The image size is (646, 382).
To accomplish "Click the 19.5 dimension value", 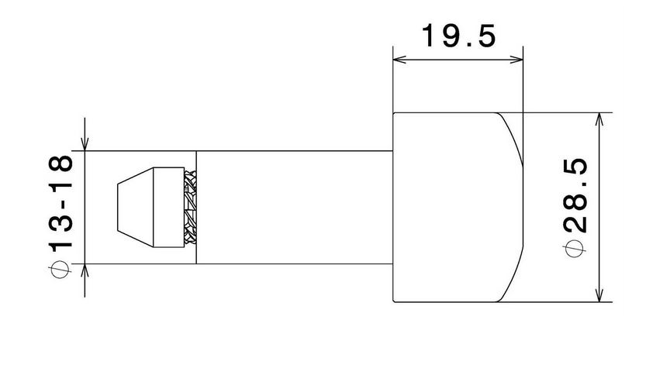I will [458, 36].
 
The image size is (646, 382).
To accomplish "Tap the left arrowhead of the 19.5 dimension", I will [399, 58].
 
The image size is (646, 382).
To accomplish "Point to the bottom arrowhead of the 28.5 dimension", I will [598, 296].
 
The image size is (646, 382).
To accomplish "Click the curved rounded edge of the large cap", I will [512, 207].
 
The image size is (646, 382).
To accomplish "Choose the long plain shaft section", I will [295, 207].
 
